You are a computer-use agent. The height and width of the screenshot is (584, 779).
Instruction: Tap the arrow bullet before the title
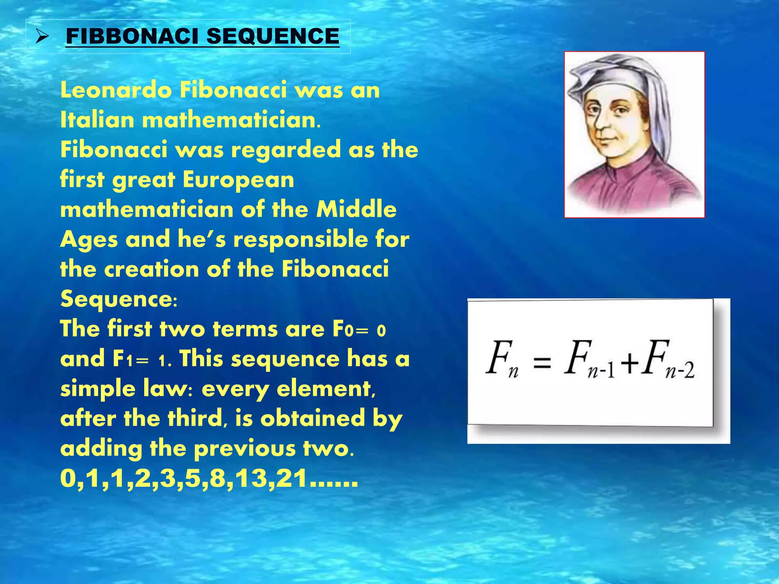click(42, 37)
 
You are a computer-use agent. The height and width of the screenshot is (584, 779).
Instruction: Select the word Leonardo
click(116, 90)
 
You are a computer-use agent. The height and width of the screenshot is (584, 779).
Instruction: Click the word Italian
click(97, 120)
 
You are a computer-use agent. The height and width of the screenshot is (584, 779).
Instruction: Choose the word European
click(238, 179)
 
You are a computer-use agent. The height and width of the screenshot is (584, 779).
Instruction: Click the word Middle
click(356, 209)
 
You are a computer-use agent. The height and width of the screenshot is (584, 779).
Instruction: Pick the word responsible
click(300, 240)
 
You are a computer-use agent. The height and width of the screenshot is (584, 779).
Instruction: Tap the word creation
click(152, 269)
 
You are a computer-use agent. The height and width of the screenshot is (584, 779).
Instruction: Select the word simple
click(98, 389)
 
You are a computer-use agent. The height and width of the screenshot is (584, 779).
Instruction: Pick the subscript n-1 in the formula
click(602, 370)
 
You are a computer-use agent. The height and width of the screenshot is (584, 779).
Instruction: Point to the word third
click(195, 419)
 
